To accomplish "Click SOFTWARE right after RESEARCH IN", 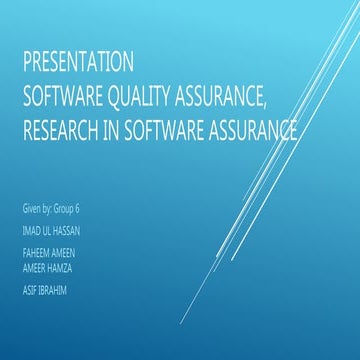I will pyautogui.click(x=161, y=130).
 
